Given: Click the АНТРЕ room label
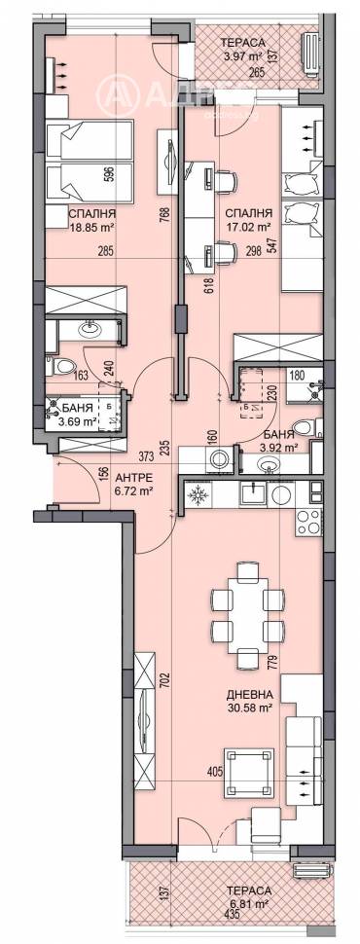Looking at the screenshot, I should tap(132, 479).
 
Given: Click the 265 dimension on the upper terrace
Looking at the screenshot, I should tap(257, 71).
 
